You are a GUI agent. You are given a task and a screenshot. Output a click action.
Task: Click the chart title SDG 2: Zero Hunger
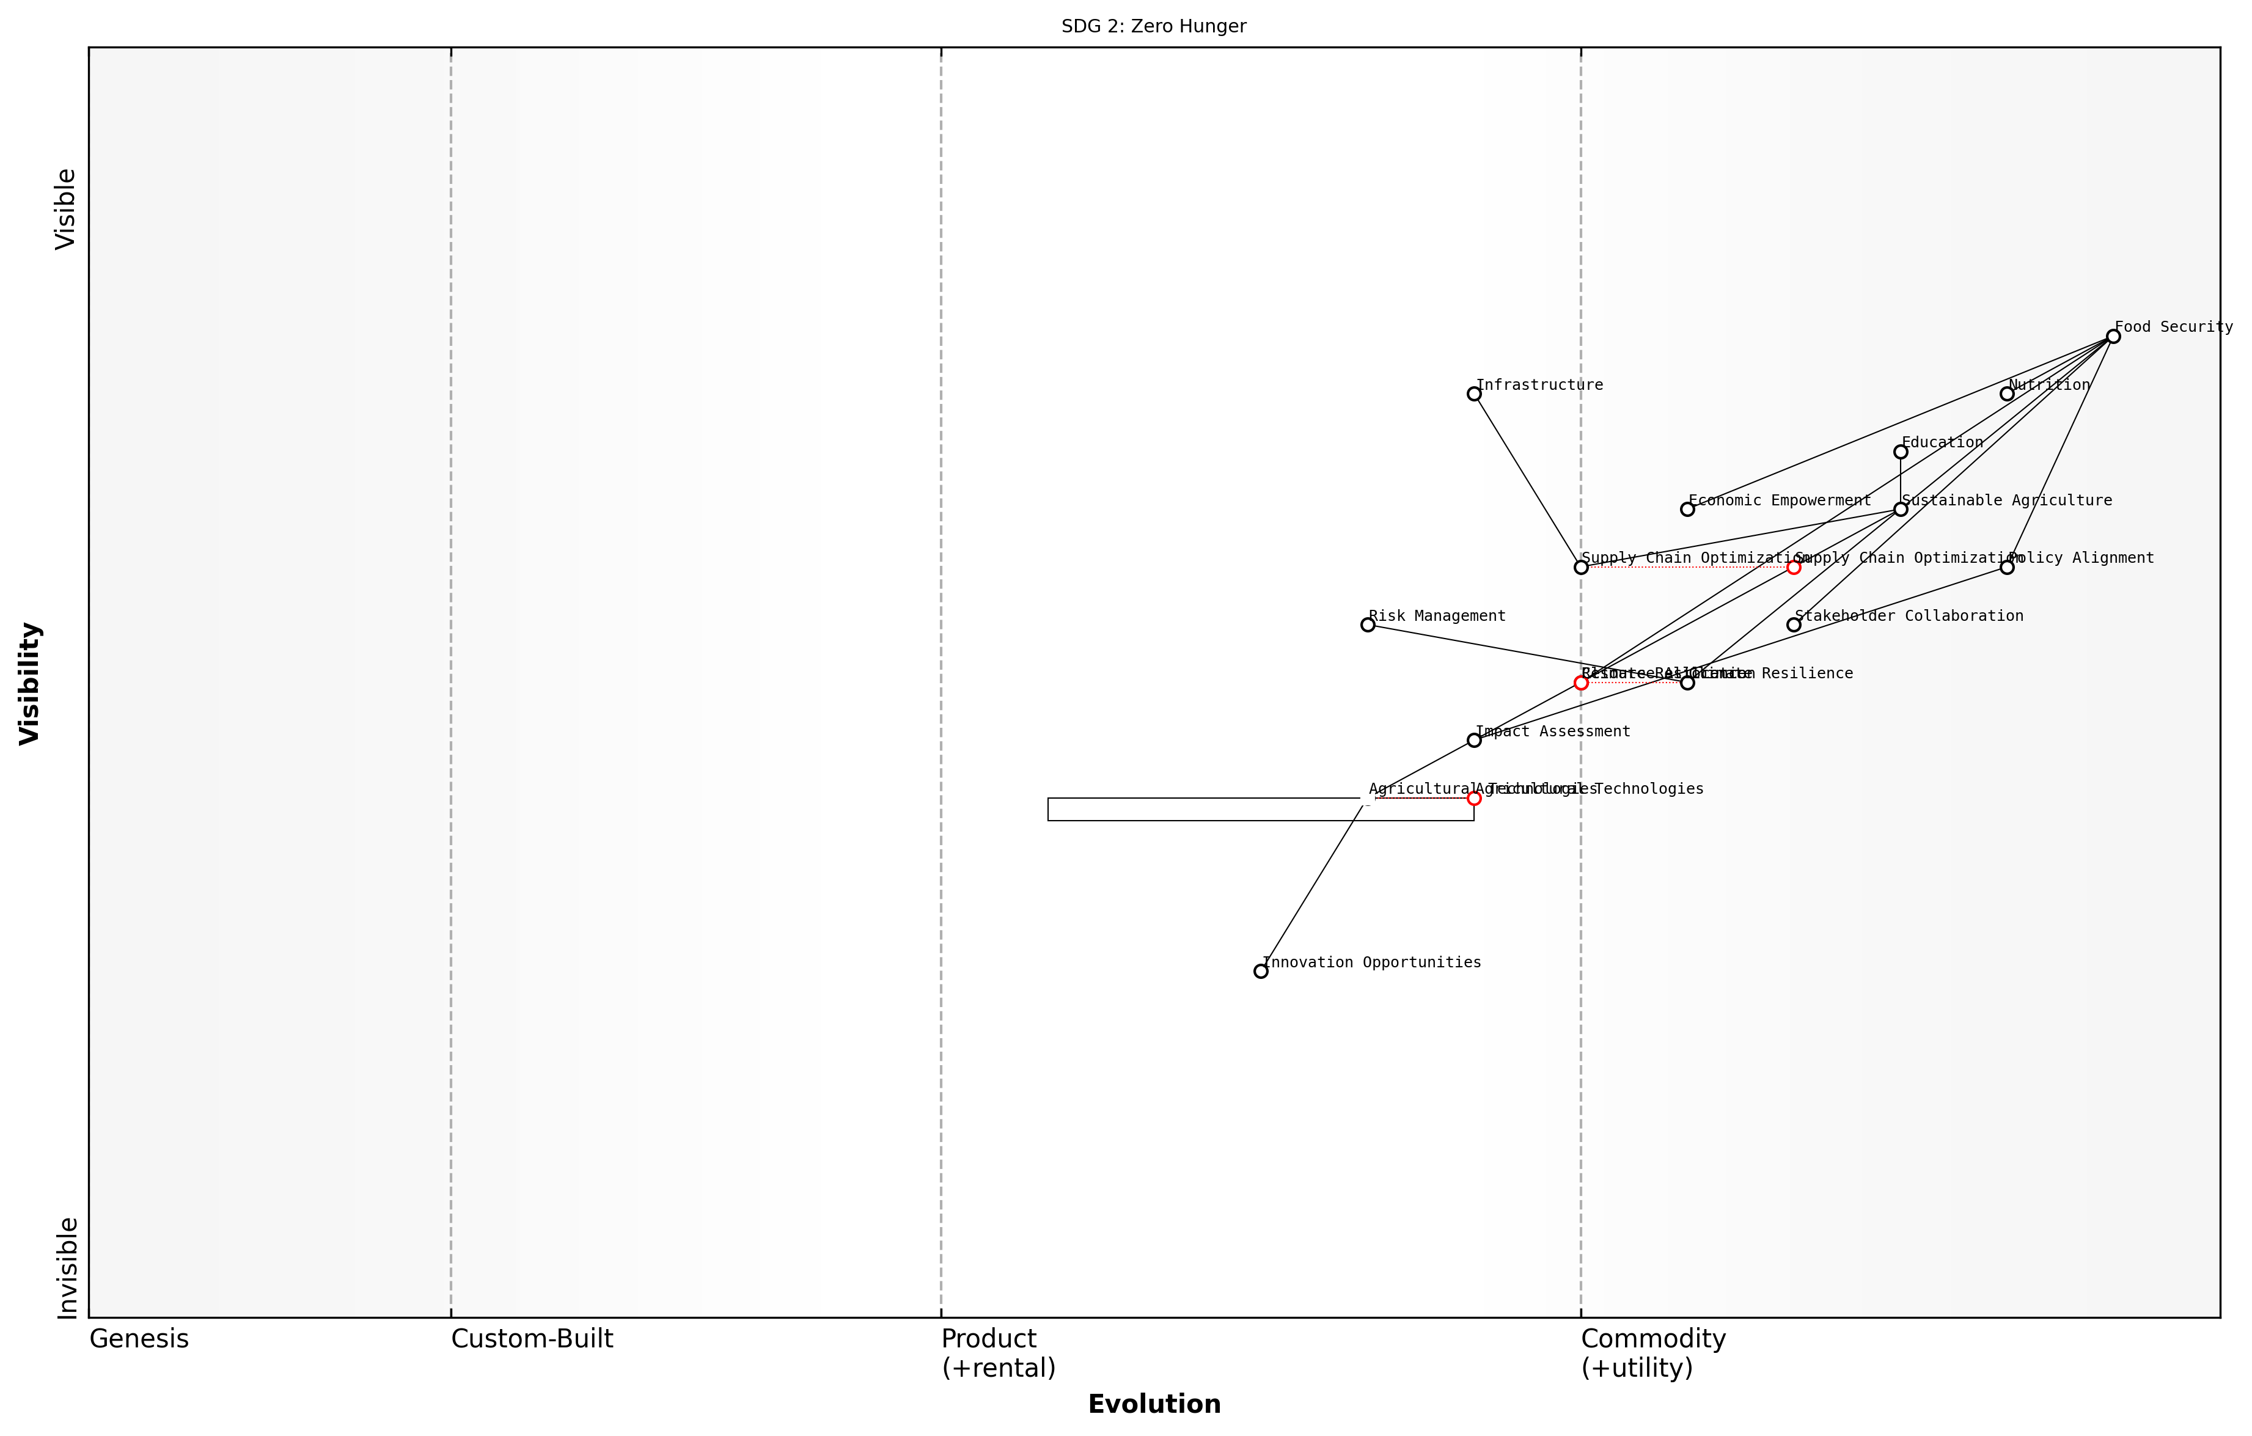[x=1153, y=26]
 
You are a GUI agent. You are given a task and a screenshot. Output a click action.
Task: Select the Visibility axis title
[x=30, y=683]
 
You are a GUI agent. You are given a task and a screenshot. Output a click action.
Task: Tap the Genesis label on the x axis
[x=138, y=1339]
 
